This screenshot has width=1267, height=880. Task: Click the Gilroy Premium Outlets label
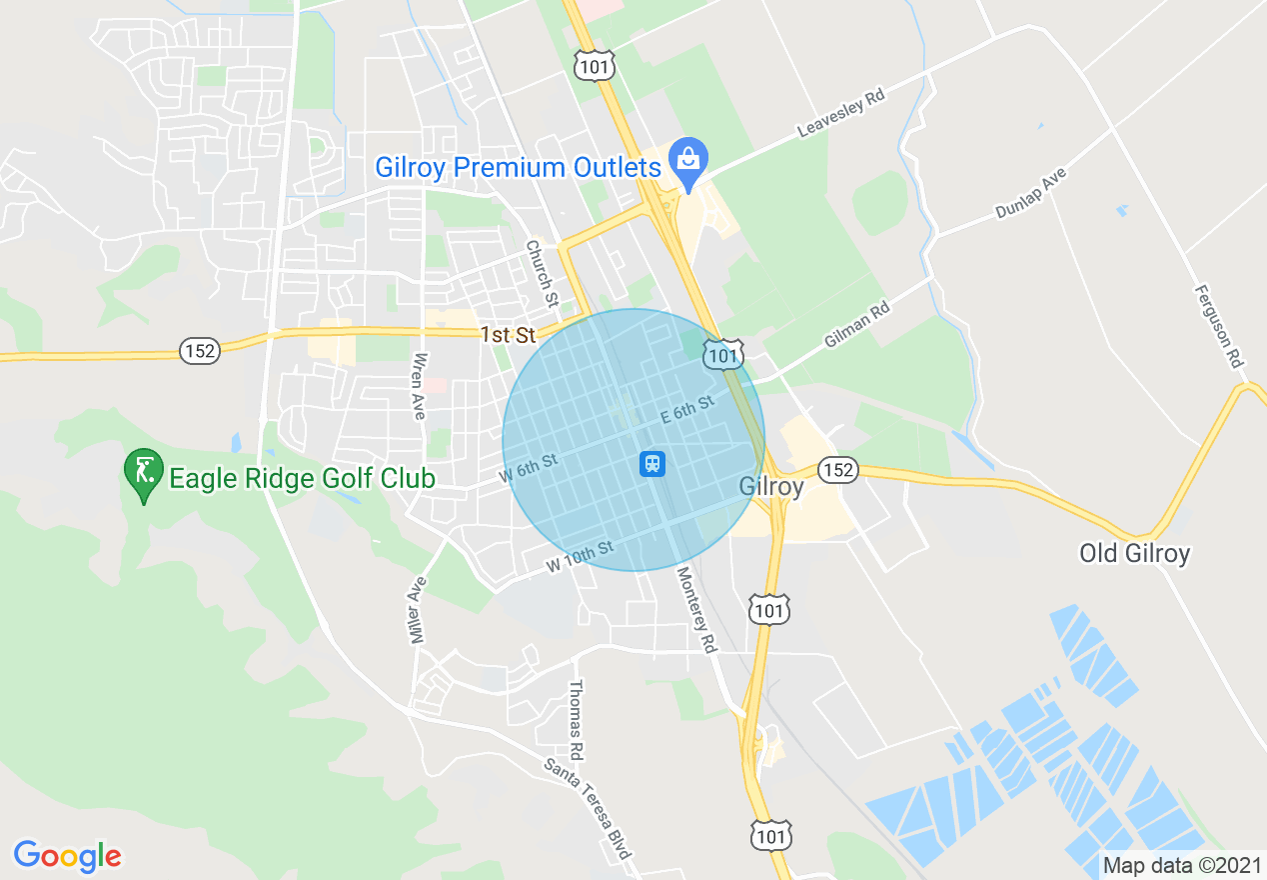(518, 167)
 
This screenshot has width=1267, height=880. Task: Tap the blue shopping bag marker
(687, 160)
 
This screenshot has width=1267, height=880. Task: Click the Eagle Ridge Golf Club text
(302, 478)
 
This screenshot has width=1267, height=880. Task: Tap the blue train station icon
(652, 463)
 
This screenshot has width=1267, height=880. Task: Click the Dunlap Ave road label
(1031, 193)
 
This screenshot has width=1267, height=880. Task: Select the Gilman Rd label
(856, 326)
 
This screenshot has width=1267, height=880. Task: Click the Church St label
(542, 272)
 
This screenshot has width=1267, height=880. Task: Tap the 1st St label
(508, 335)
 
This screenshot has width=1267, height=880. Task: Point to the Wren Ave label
(420, 385)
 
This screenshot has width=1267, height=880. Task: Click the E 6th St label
(686, 408)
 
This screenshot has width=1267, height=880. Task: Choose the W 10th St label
(579, 557)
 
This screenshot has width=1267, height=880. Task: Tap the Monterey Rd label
(696, 610)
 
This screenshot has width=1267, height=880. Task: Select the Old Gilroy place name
(1134, 553)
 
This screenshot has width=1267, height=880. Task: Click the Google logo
(67, 856)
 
